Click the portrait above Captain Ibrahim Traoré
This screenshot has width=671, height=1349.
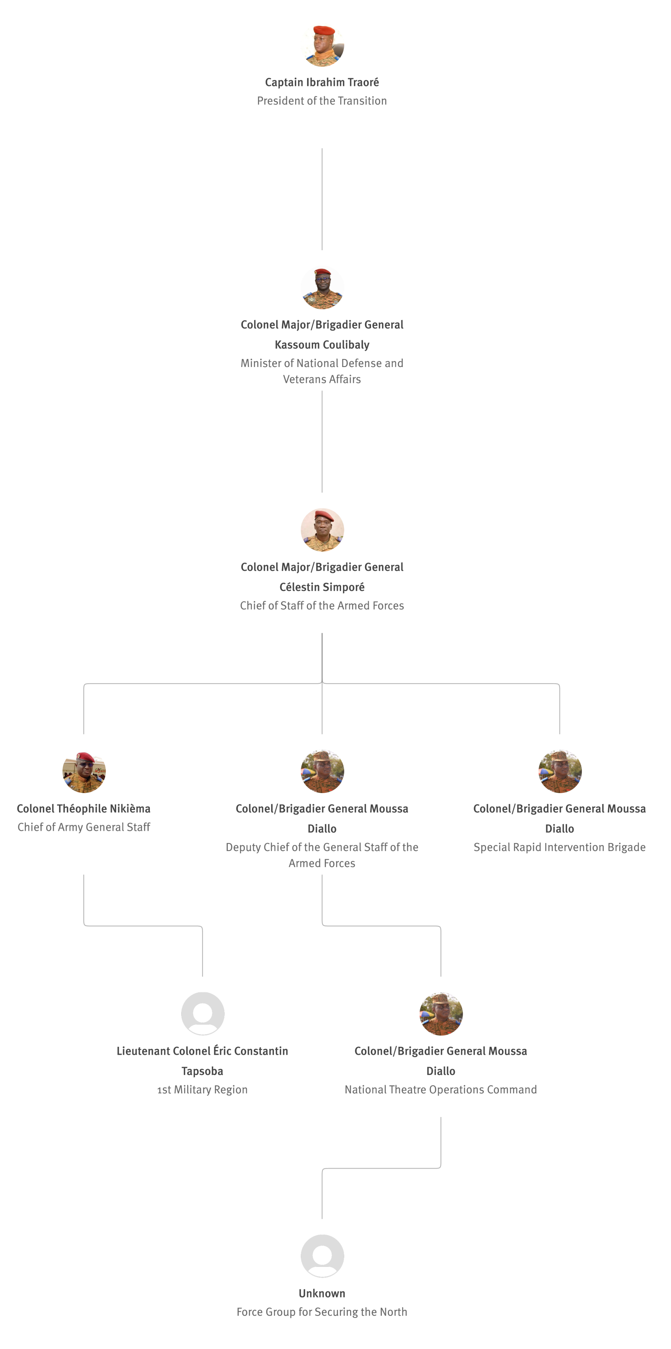[322, 45]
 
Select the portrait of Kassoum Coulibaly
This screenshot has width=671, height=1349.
[322, 287]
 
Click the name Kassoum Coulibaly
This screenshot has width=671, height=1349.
[321, 344]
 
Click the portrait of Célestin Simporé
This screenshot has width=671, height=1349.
[322, 530]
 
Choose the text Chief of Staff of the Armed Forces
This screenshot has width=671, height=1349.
[321, 606]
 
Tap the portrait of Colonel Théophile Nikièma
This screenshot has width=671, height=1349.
[84, 771]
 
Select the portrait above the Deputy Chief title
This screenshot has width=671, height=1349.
[322, 771]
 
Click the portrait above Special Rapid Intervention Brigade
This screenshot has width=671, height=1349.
[560, 771]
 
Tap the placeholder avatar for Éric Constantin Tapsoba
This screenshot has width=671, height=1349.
[203, 1014]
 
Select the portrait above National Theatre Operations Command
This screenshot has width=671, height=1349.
[441, 1014]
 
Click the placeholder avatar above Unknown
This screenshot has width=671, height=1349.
[322, 1256]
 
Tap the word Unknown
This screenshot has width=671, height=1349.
[321, 1293]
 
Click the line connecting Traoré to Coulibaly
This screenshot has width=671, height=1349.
[321, 199]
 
